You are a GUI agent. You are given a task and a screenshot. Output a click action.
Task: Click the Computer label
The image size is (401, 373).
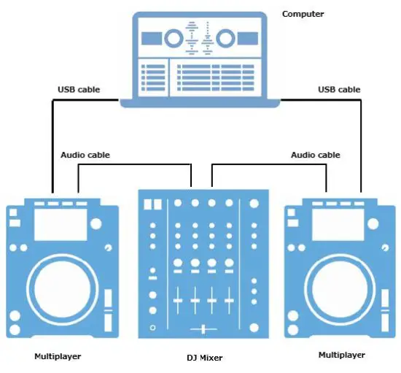point(303,14)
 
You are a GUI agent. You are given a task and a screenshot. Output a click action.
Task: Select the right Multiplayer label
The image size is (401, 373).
point(342,355)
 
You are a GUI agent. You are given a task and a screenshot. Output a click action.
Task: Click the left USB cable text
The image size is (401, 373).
point(79,90)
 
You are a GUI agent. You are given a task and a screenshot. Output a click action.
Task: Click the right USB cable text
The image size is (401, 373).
point(339,90)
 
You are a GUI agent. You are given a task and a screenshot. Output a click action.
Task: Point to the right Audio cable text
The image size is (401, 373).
point(315,155)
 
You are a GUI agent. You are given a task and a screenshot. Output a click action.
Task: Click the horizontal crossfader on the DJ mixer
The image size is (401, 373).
point(203,330)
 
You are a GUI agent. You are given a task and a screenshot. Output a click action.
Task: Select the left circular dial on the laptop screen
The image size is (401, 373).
point(174,37)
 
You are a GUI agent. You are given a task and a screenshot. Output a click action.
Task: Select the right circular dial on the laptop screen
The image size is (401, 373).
point(225,37)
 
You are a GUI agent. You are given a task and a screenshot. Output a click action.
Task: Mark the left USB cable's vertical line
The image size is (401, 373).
point(52,146)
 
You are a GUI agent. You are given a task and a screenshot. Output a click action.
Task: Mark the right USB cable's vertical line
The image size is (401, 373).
point(362,146)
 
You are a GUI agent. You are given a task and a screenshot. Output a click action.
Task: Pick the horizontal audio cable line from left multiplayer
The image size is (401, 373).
point(135,166)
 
